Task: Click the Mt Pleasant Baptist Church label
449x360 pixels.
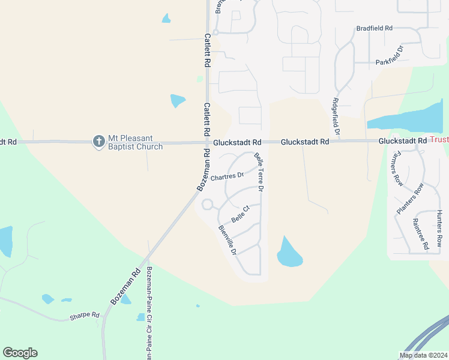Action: (135, 142)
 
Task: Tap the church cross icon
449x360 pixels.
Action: (99, 142)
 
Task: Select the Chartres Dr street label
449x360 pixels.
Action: (227, 176)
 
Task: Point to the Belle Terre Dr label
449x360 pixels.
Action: (259, 172)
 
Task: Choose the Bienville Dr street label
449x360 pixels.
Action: (228, 239)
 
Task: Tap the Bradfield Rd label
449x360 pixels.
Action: (374, 28)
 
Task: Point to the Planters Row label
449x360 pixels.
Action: (410, 199)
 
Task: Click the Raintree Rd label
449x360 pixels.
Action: (420, 234)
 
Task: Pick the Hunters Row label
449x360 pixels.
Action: (439, 229)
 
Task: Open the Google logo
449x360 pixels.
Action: (20, 353)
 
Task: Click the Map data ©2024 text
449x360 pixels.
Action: (423, 355)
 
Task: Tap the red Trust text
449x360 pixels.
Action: (439, 140)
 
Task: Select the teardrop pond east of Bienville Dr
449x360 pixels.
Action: (289, 254)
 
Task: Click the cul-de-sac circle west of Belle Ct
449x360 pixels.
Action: (208, 205)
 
